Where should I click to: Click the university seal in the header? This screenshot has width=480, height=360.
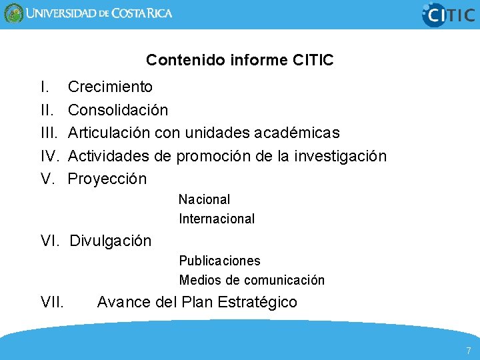[13, 13]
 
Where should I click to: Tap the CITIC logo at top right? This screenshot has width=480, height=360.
[449, 14]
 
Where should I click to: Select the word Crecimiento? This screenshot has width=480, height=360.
[110, 87]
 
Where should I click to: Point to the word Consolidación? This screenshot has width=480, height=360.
[118, 109]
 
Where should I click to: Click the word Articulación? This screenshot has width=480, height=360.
[109, 133]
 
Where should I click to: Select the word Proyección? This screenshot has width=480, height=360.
[107, 179]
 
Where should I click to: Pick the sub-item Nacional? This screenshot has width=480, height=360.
[204, 199]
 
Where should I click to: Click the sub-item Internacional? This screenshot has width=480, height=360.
[217, 219]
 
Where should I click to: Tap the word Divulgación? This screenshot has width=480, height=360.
[111, 241]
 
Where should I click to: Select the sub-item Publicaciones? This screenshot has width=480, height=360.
[219, 261]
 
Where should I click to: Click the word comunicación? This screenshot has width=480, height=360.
[285, 280]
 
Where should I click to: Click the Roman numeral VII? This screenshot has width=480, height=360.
[52, 303]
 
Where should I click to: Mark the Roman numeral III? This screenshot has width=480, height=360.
[49, 133]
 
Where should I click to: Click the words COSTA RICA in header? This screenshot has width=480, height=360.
[141, 13]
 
